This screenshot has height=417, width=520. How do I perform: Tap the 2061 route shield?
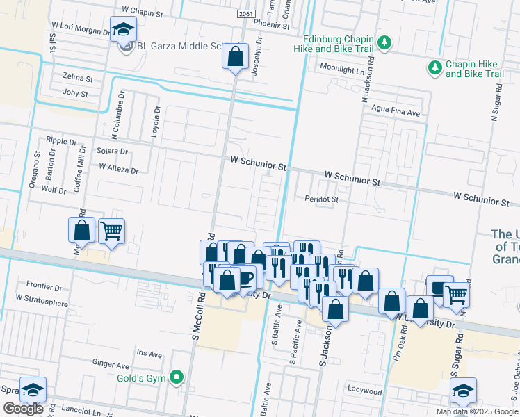(245, 14)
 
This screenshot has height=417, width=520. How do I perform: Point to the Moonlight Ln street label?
(341, 69)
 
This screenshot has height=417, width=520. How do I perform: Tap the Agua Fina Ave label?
(396, 112)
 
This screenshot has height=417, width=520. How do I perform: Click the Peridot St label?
(320, 199)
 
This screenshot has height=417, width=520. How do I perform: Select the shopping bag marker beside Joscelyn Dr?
(236, 56)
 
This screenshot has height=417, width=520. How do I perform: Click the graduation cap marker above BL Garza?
(123, 30)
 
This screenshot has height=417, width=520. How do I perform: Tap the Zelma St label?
(77, 78)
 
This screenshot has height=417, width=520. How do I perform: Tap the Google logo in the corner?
(23, 409)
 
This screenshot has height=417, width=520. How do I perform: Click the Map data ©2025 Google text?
(476, 411)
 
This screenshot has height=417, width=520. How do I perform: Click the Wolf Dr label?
(54, 189)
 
